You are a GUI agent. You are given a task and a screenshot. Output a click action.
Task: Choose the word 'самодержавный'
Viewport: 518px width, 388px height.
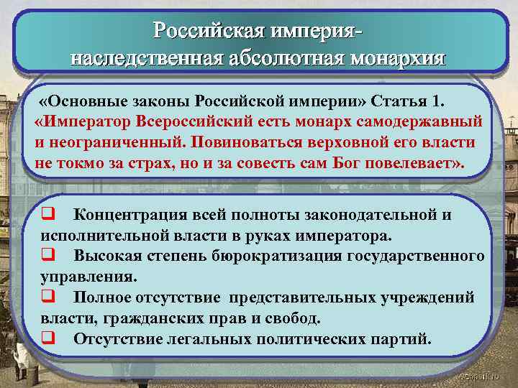pos(424,120)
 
